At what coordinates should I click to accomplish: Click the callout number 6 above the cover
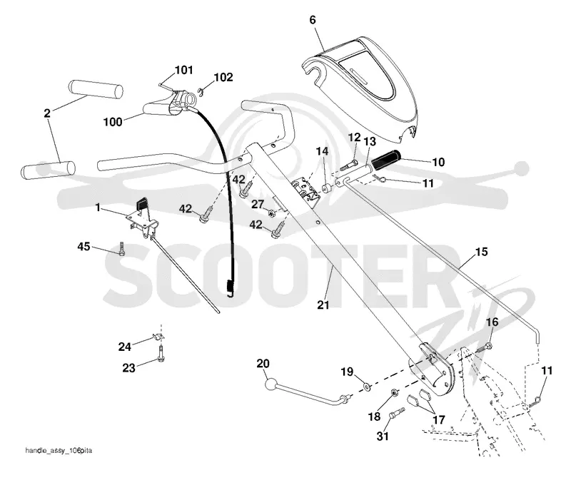tap(313, 20)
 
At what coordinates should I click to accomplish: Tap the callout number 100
tap(113, 121)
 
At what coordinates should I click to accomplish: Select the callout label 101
tap(184, 69)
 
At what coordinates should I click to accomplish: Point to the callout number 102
tap(223, 77)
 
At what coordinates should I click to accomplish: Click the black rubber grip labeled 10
tap(386, 158)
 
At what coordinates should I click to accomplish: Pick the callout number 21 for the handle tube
tap(323, 305)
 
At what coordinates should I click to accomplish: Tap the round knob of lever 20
tap(271, 384)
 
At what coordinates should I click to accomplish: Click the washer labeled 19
tap(366, 386)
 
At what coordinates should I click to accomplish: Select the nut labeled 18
tap(394, 393)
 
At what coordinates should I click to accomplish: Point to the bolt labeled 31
tap(396, 413)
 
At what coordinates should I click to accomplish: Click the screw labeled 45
tap(121, 249)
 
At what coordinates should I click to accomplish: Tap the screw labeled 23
tap(161, 354)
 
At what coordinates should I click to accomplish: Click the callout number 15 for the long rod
tap(481, 252)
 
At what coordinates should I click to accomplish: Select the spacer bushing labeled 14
tap(327, 189)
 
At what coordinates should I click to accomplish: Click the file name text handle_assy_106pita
tap(59, 451)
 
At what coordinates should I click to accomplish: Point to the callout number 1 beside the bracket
tap(98, 208)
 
